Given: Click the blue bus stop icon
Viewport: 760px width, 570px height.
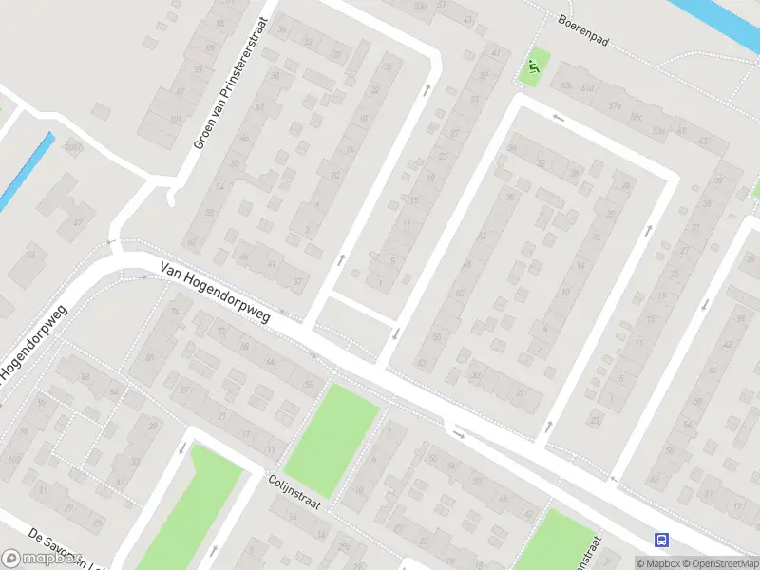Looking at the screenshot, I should (660, 541).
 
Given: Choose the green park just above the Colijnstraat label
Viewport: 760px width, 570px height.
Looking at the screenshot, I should (332, 438).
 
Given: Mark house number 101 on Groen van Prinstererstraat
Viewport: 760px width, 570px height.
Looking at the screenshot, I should (175, 120).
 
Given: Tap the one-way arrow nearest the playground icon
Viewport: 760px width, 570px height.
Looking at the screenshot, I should (559, 118).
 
